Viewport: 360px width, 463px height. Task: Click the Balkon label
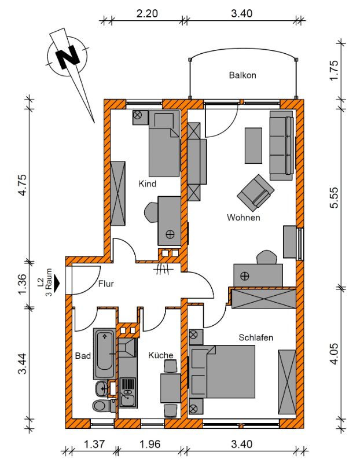point(243,75)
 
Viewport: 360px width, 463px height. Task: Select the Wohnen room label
point(243,218)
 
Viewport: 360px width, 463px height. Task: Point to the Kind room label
point(148,183)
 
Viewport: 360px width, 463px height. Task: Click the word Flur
point(106,284)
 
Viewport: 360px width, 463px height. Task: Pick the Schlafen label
point(256,337)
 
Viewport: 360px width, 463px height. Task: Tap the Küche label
point(161,355)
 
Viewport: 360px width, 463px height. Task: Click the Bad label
point(83,356)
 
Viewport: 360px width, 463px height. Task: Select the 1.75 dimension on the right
point(333,70)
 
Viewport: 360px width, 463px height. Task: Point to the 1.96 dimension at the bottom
point(149,444)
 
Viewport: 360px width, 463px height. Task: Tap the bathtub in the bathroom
point(105,354)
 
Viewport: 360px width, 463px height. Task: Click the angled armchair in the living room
point(256,193)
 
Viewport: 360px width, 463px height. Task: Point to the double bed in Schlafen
point(222,372)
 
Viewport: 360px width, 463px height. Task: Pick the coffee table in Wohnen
point(254,146)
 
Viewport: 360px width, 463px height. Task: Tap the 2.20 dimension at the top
point(147,13)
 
